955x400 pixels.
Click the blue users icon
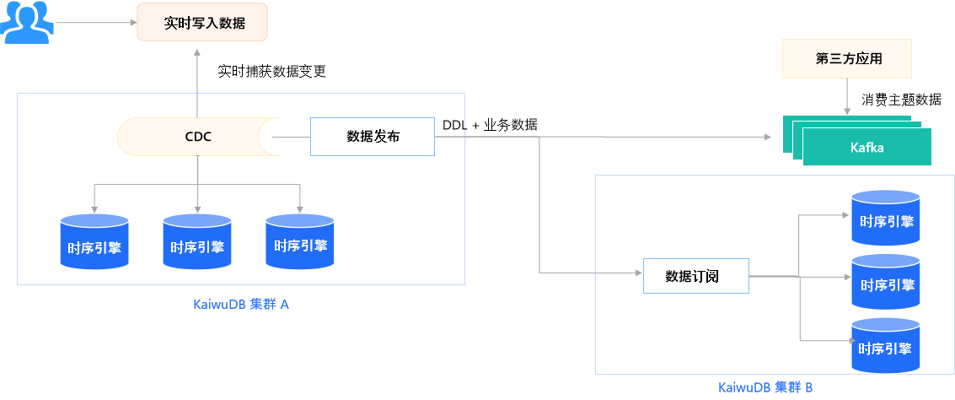pyautogui.click(x=26, y=23)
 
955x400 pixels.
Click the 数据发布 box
pyautogui.click(x=373, y=137)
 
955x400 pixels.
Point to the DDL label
pyautogui.click(x=453, y=125)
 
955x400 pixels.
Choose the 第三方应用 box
pyautogui.click(x=848, y=59)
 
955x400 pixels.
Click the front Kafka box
pyautogui.click(x=867, y=148)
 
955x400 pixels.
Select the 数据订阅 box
pyautogui.click(x=695, y=276)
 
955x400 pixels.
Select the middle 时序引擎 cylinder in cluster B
pyautogui.click(x=885, y=282)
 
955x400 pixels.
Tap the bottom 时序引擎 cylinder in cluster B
pyautogui.click(x=885, y=346)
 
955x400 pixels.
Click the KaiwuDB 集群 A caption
pyautogui.click(x=241, y=305)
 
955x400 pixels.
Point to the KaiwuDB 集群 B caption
pyautogui.click(x=765, y=387)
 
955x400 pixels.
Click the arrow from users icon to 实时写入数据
pyautogui.click(x=93, y=24)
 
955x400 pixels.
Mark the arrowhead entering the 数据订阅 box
pyautogui.click(x=637, y=273)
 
